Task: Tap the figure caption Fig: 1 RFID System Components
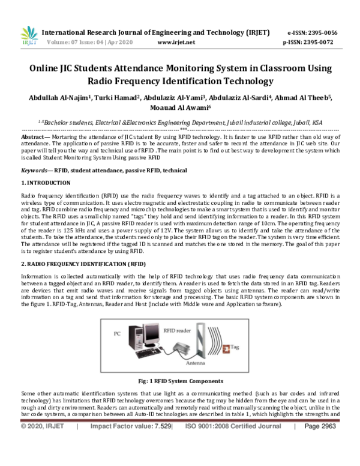tap(180, 381)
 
